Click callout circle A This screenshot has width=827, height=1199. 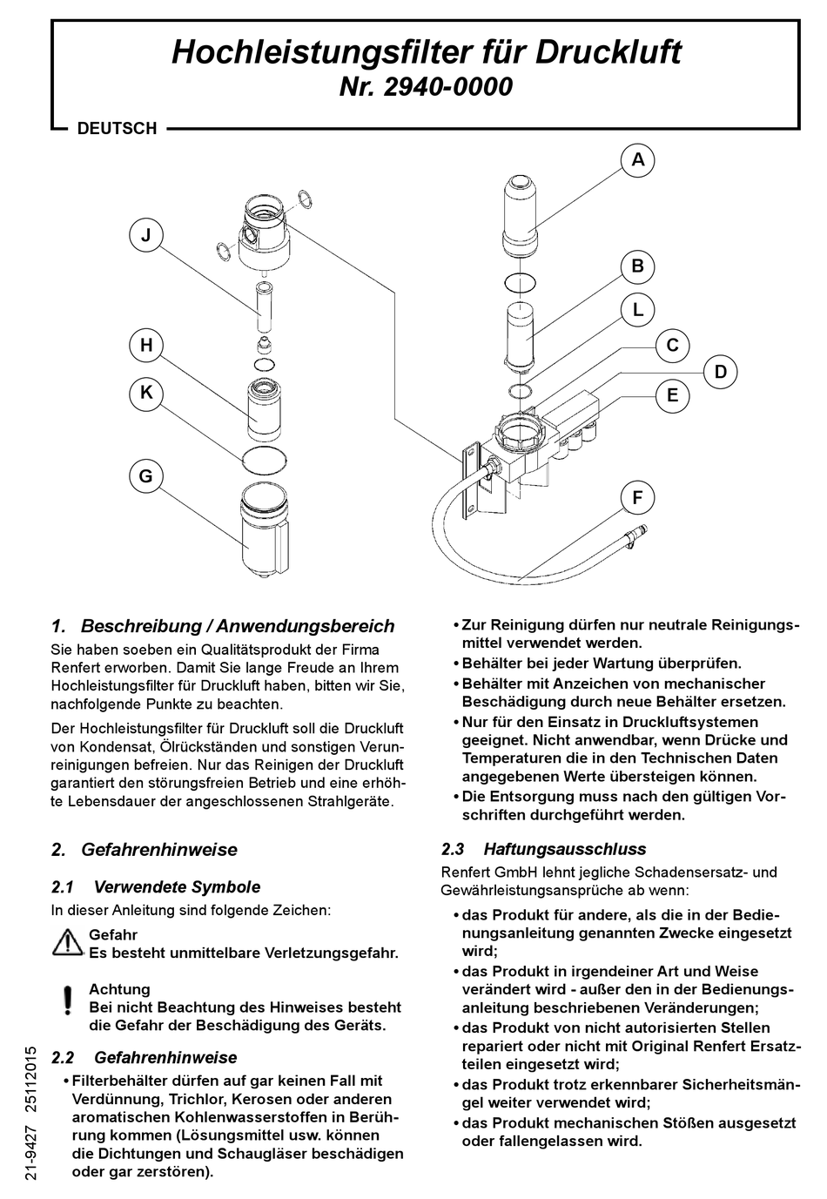638,160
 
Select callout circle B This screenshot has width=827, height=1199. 637,266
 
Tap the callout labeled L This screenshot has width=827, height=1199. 637,309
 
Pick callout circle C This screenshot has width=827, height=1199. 672,345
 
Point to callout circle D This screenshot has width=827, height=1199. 720,373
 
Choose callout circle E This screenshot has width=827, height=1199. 672,395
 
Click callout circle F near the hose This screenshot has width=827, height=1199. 637,498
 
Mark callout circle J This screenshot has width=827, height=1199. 146,235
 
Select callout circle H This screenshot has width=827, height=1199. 146,346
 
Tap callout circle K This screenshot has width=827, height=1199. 146,393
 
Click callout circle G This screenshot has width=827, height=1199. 146,476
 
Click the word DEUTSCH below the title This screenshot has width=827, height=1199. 117,129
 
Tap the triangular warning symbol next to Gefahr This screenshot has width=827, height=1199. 67,942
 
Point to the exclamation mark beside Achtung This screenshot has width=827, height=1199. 67,1000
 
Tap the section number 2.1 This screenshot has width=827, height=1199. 63,887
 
